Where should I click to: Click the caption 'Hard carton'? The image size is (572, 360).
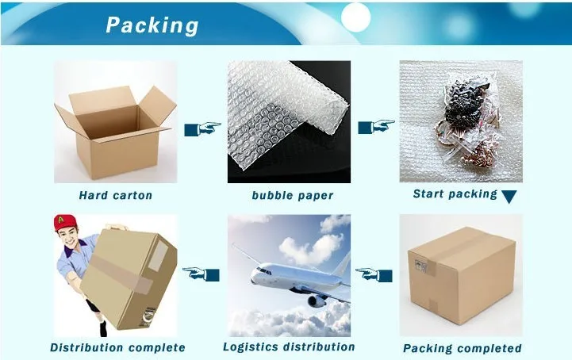tap(115, 195)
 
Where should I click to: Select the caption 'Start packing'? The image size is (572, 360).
tap(455, 193)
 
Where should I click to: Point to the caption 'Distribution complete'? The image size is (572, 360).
tap(117, 347)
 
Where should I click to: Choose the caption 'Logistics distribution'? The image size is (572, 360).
tap(289, 347)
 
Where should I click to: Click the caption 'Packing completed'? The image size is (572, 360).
tap(462, 348)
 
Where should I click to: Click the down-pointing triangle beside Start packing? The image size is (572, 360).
tap(509, 197)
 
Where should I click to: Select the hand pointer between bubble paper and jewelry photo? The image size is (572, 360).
tap(375, 127)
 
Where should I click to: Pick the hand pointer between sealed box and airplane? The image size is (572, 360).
tap(374, 274)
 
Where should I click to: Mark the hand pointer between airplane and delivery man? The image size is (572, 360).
tap(202, 274)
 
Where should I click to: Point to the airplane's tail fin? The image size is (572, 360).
tap(339, 264)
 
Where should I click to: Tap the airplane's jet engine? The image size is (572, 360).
tap(315, 300)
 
